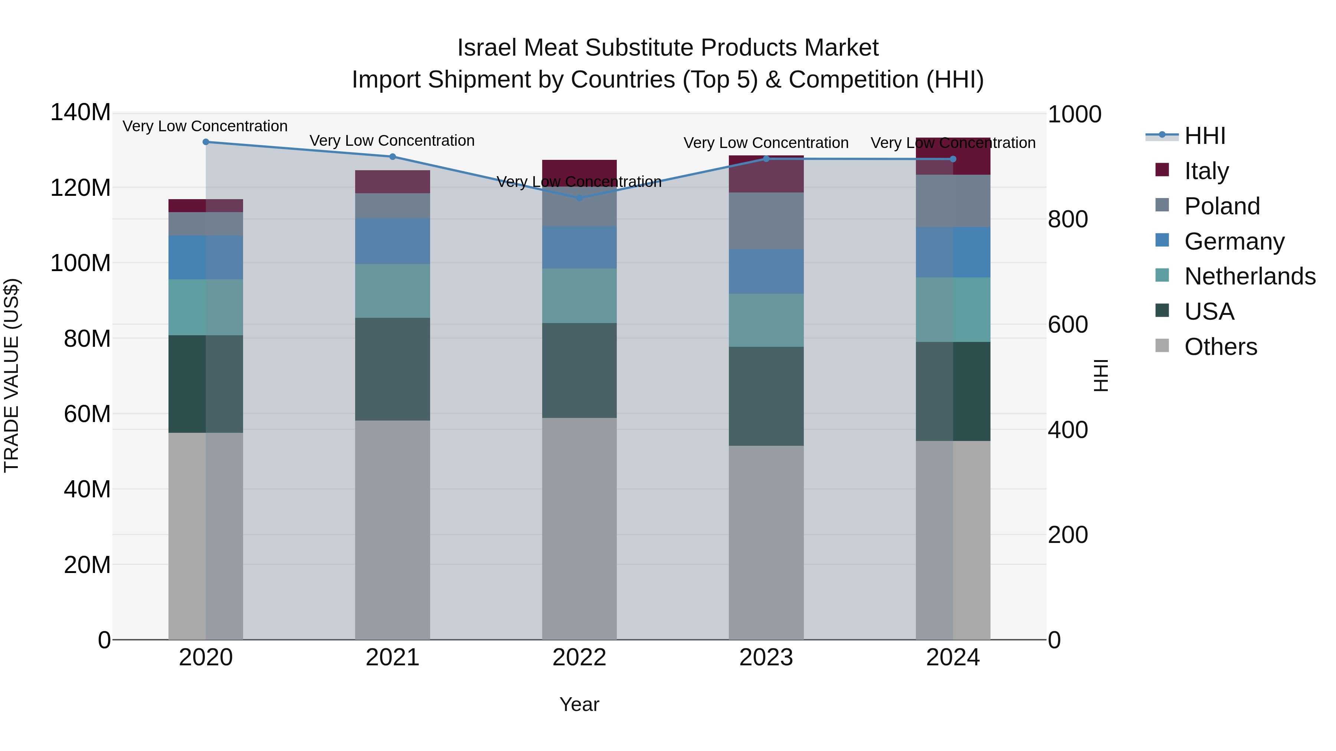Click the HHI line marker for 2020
tap(206, 142)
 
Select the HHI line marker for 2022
tap(579, 197)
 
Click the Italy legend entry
tap(1206, 171)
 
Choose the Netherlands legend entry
tap(1249, 276)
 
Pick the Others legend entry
tap(1220, 347)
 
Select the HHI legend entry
tap(1204, 136)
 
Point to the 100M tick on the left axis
tap(81, 263)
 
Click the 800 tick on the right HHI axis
tap(1067, 219)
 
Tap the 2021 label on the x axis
tap(393, 658)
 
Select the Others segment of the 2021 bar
tap(393, 528)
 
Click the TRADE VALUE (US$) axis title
tap(12, 375)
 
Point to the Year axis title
tap(579, 704)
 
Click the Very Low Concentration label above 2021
tap(392, 141)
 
